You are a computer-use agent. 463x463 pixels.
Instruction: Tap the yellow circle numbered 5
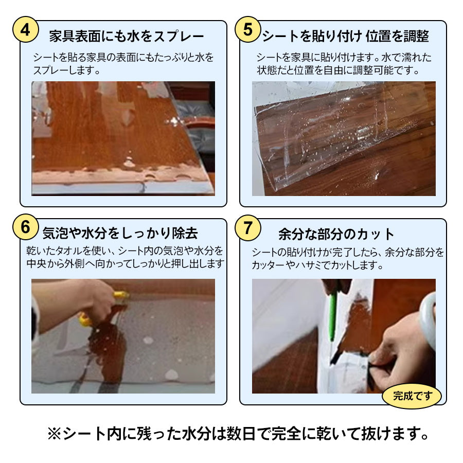(248, 29)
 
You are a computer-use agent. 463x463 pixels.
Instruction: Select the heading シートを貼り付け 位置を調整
(345, 36)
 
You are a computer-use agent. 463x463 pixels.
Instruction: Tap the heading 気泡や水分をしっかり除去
(120, 234)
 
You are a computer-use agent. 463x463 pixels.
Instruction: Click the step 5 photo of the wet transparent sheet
(344, 139)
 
